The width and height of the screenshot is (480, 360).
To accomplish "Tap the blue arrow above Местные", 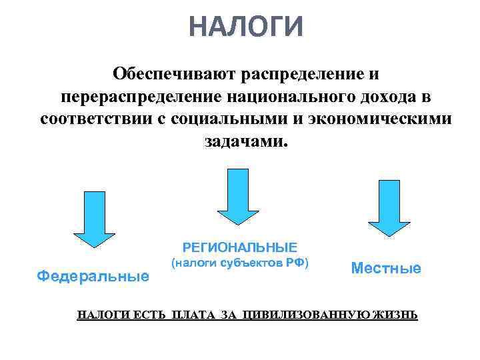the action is [389, 209].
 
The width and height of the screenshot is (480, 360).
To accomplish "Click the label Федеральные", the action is [93, 275].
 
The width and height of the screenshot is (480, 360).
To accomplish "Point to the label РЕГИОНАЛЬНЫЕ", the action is [240, 246].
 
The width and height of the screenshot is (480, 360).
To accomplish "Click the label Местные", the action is [386, 269].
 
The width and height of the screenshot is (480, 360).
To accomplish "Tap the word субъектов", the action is [249, 263].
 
